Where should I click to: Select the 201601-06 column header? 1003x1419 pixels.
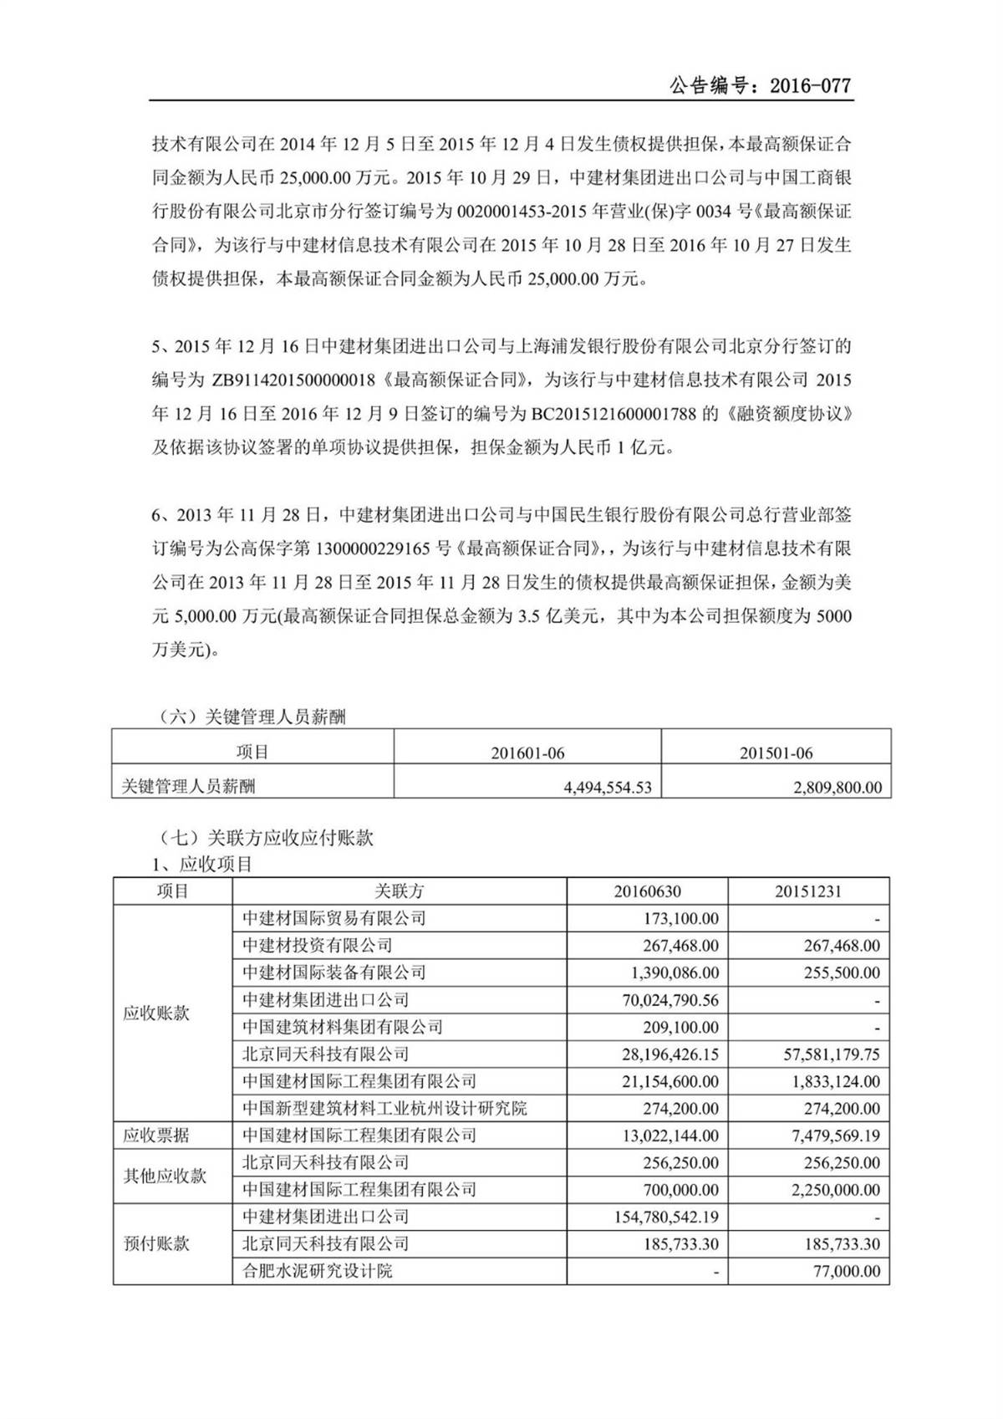click(x=527, y=753)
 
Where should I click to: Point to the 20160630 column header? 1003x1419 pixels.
click(x=647, y=891)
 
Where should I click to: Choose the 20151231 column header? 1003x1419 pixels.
click(x=808, y=891)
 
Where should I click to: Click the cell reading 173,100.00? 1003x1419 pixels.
click(x=681, y=918)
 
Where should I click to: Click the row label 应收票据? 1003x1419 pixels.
click(x=156, y=1136)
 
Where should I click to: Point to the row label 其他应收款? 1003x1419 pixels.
click(x=165, y=1176)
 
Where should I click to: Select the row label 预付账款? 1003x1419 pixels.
click(x=156, y=1243)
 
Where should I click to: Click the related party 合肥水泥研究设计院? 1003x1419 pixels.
click(x=318, y=1271)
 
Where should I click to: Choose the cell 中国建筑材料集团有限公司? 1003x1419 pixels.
click(x=343, y=1027)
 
